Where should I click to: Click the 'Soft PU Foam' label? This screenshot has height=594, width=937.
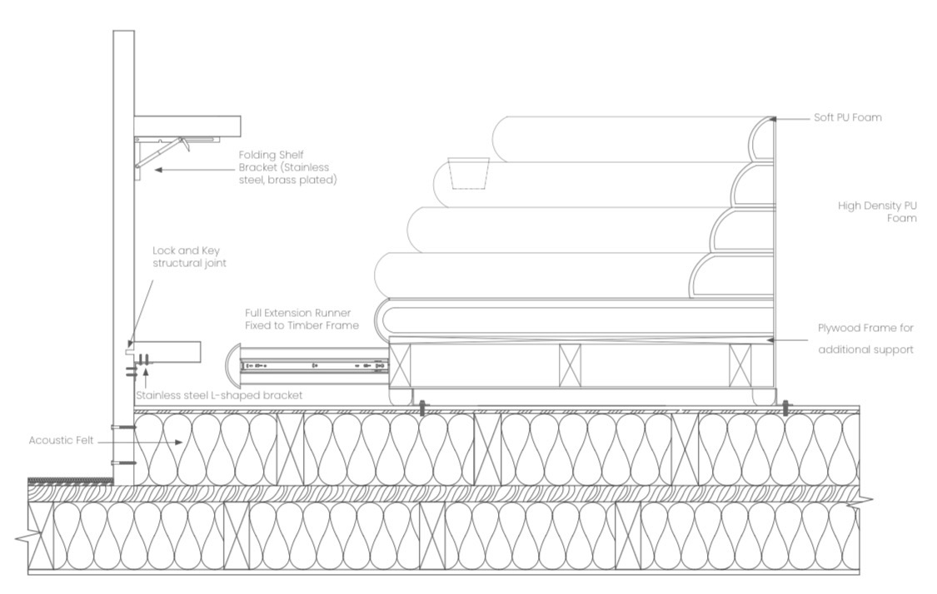(x=847, y=117)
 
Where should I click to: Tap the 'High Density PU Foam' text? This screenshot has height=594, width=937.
(x=877, y=212)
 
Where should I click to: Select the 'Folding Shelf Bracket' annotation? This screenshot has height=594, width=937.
(x=287, y=167)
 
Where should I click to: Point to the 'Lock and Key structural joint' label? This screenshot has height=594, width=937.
(x=189, y=257)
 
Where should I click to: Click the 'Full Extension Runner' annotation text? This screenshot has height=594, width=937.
(x=302, y=319)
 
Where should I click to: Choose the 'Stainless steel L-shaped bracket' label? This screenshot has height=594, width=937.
(x=219, y=395)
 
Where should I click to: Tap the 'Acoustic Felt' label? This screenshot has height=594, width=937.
(x=61, y=441)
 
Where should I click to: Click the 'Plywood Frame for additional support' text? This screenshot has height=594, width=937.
(x=866, y=339)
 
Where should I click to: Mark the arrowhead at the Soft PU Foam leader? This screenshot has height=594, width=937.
(x=773, y=119)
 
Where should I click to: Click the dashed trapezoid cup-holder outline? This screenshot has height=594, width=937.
(x=469, y=174)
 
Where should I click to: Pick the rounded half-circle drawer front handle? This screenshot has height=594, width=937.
(x=232, y=364)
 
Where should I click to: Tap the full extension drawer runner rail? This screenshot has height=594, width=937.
(x=313, y=365)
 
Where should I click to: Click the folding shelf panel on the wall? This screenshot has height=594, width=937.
(x=187, y=126)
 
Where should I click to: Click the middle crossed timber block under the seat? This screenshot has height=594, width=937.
(x=570, y=365)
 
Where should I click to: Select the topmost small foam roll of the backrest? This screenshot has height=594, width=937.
(x=760, y=138)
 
